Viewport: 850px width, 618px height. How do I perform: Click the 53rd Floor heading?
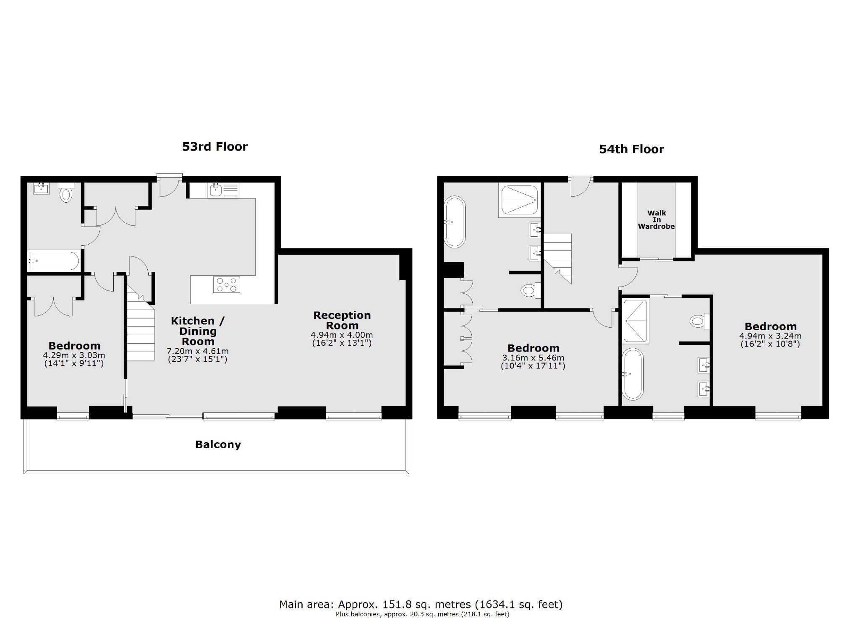point(214,146)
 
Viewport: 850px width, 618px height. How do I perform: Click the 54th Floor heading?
point(631,149)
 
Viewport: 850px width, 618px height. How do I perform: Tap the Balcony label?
point(218,445)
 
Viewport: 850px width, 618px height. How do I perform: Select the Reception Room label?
point(342,320)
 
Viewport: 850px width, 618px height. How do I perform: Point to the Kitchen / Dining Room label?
point(198,331)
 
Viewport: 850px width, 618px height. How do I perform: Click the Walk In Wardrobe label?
point(656,220)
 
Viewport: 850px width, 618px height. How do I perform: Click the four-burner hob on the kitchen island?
point(227,284)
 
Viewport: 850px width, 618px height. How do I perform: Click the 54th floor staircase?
point(558,258)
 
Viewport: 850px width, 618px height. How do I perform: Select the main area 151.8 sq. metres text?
point(421,605)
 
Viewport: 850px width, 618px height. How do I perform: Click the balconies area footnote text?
point(422,614)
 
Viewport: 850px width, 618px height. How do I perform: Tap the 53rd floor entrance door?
point(170,186)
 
